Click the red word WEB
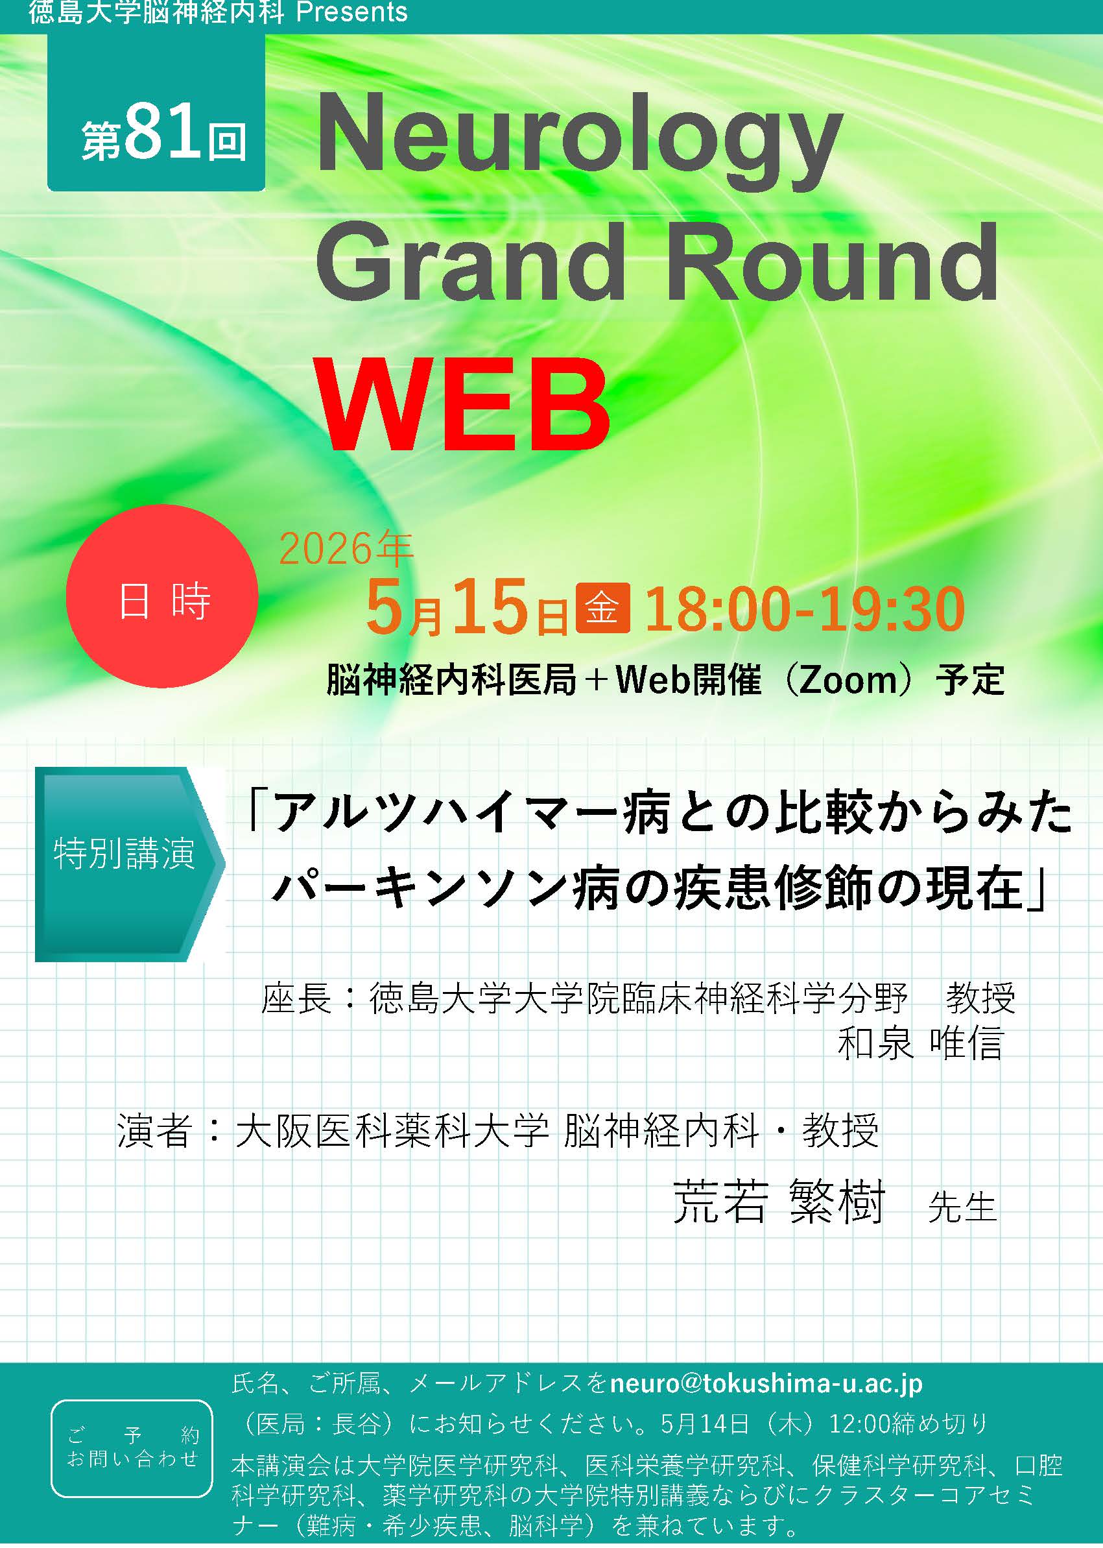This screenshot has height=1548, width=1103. click(x=462, y=404)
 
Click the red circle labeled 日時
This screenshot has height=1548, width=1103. click(x=161, y=596)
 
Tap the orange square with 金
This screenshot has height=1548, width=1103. click(x=602, y=607)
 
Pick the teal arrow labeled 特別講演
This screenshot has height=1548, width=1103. click(x=129, y=864)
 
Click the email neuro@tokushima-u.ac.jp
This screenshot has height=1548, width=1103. click(x=766, y=1385)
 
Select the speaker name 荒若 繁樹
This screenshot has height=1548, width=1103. click(x=778, y=1202)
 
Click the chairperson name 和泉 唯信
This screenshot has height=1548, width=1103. click(x=920, y=1043)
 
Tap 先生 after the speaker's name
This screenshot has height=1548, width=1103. click(x=962, y=1207)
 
